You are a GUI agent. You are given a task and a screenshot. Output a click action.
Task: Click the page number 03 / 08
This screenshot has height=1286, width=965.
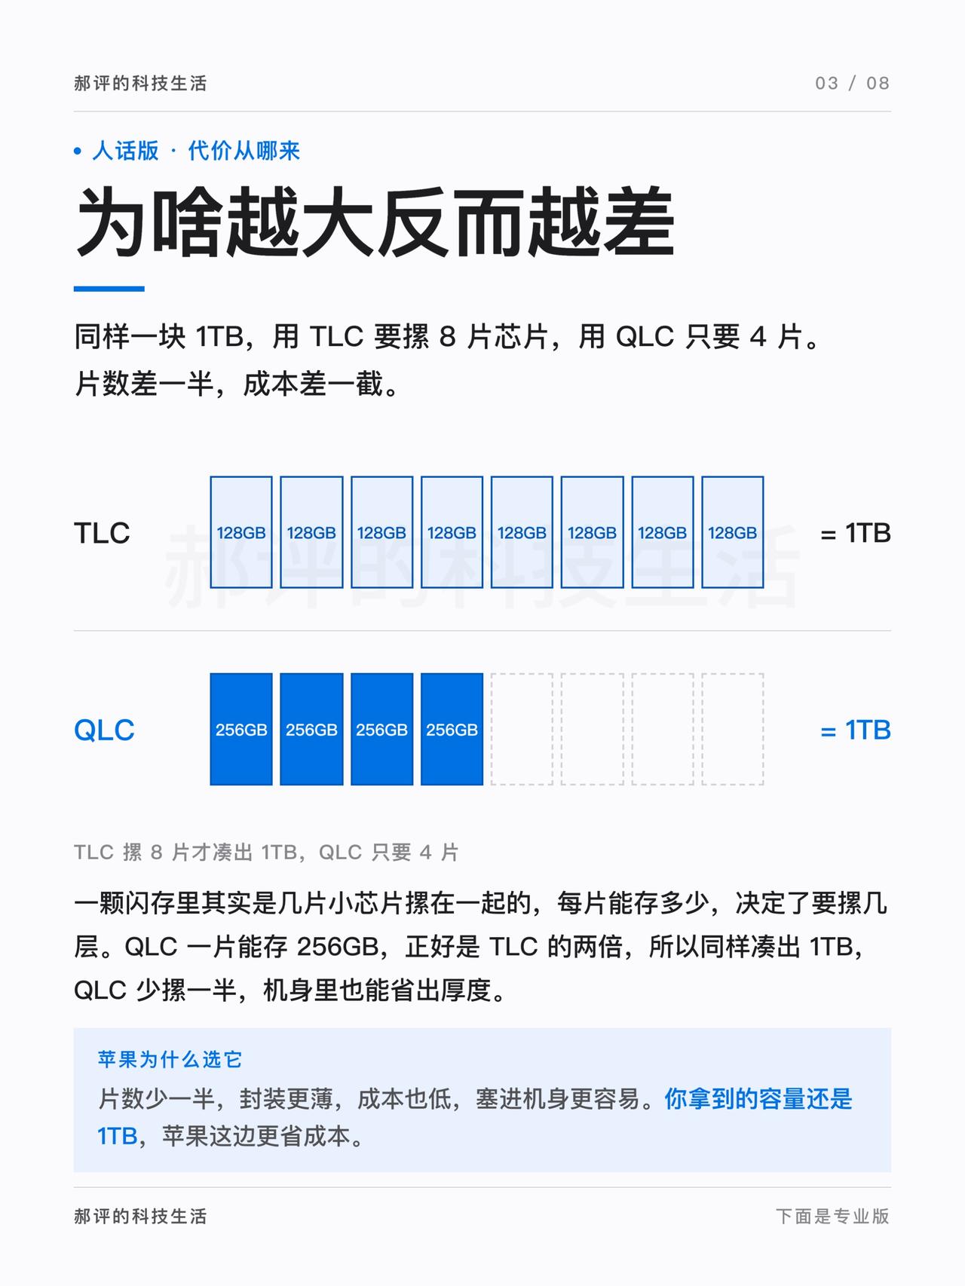click(852, 83)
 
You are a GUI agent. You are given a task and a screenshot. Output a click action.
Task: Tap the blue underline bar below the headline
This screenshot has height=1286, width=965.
click(109, 289)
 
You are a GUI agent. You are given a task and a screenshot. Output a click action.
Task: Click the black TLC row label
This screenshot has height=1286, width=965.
click(102, 533)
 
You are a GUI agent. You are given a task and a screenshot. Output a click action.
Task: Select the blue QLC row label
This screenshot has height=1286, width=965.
click(104, 730)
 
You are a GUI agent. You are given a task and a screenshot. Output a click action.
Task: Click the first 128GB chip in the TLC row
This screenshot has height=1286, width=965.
click(241, 532)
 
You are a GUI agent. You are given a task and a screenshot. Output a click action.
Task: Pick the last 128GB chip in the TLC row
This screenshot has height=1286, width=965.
click(733, 532)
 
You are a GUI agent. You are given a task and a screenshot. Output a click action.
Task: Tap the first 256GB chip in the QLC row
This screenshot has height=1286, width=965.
click(241, 729)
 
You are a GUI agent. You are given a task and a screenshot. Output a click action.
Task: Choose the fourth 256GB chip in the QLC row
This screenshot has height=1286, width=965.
click(452, 729)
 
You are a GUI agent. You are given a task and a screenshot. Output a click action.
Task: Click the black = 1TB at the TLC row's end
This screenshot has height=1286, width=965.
click(856, 533)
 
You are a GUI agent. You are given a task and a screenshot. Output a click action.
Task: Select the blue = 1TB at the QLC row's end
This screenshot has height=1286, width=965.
click(856, 730)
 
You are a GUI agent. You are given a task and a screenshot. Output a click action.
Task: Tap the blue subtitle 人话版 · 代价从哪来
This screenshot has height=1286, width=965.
click(196, 151)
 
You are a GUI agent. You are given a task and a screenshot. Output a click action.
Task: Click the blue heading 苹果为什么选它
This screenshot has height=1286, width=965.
click(170, 1059)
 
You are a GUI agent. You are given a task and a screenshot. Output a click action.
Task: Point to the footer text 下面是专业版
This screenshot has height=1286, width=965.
click(833, 1216)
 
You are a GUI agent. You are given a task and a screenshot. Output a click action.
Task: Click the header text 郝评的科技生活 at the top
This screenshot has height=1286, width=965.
click(140, 83)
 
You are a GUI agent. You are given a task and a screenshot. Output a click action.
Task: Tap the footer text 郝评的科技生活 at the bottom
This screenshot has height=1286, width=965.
click(140, 1216)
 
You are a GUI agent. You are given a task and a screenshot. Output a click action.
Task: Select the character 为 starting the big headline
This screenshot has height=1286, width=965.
click(111, 222)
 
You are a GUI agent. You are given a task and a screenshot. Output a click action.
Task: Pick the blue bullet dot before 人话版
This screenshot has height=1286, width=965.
click(78, 152)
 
